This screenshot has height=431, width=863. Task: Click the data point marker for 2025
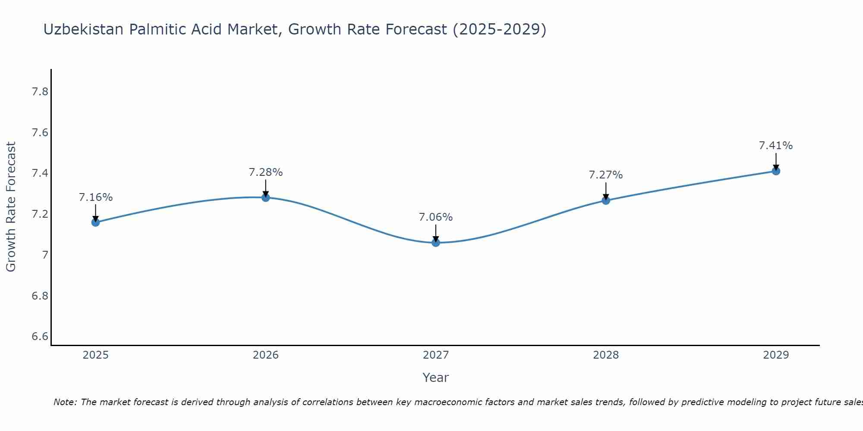[96, 222]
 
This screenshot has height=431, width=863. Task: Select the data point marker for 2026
[266, 197]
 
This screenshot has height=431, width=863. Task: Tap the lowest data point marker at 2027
[436, 243]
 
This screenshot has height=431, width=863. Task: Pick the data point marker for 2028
[606, 200]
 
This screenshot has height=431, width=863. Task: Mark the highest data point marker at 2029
[776, 171]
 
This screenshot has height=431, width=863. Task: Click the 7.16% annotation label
[96, 197]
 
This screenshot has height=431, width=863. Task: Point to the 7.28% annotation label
[266, 172]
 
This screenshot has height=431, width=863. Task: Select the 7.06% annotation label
[436, 217]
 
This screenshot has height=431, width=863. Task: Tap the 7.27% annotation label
[606, 175]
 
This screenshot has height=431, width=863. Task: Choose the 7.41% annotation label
[776, 146]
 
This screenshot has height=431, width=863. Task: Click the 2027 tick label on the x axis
[436, 355]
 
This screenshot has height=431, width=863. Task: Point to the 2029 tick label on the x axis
[776, 355]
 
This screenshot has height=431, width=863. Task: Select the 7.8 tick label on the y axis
[40, 92]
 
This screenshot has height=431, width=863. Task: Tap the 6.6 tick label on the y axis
[40, 337]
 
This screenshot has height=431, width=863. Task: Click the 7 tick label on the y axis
[45, 255]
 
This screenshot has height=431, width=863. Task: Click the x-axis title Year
[436, 378]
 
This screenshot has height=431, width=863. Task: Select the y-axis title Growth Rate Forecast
[11, 207]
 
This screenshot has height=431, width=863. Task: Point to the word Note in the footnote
[65, 402]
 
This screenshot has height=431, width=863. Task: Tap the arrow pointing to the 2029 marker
[776, 162]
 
